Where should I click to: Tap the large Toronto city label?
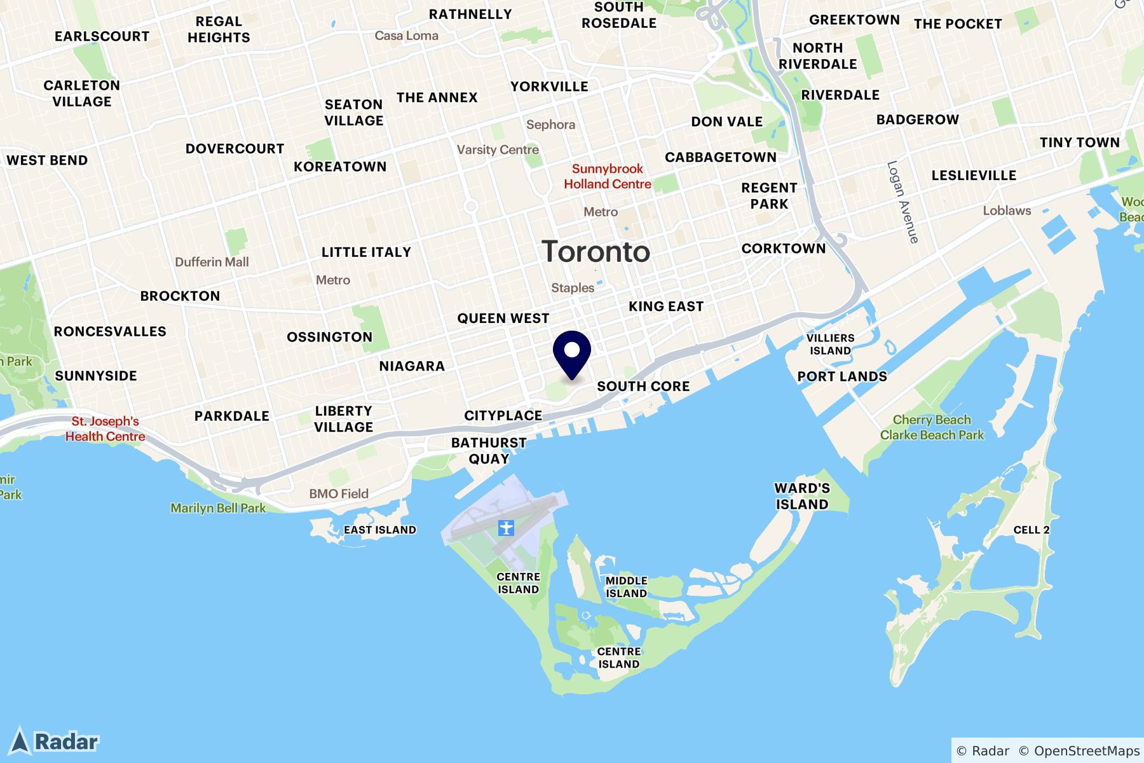click(x=596, y=252)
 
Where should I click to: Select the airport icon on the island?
click(x=506, y=528)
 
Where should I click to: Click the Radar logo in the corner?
click(x=55, y=741)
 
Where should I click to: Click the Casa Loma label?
click(x=406, y=36)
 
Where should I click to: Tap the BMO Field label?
click(x=339, y=493)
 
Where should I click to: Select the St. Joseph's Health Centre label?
click(x=106, y=429)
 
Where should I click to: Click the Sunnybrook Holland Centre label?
click(x=608, y=176)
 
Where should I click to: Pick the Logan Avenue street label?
click(x=903, y=202)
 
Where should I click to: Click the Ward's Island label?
click(x=802, y=496)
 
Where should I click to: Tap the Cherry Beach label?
click(x=932, y=420)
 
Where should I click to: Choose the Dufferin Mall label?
click(x=212, y=262)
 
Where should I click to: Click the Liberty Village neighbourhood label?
click(x=343, y=419)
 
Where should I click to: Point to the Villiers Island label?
click(x=830, y=344)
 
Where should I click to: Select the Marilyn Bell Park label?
click(x=218, y=508)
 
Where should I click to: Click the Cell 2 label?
click(x=1032, y=530)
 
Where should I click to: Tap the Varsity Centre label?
click(x=498, y=150)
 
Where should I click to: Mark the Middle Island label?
click(x=626, y=587)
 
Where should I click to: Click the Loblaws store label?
click(x=1007, y=210)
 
